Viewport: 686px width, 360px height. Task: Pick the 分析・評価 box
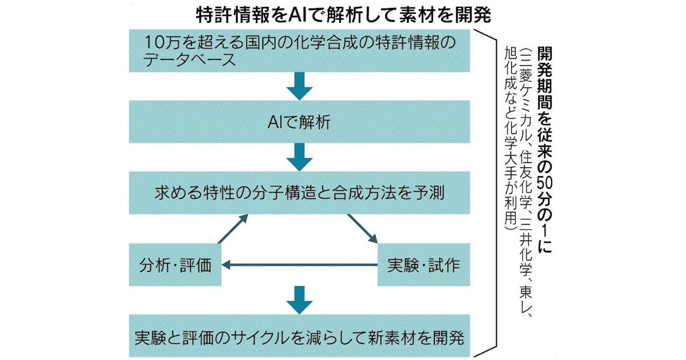coord(175,265)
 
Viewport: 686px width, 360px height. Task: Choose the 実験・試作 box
coord(424,265)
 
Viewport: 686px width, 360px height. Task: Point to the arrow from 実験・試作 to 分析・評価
coord(300,265)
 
